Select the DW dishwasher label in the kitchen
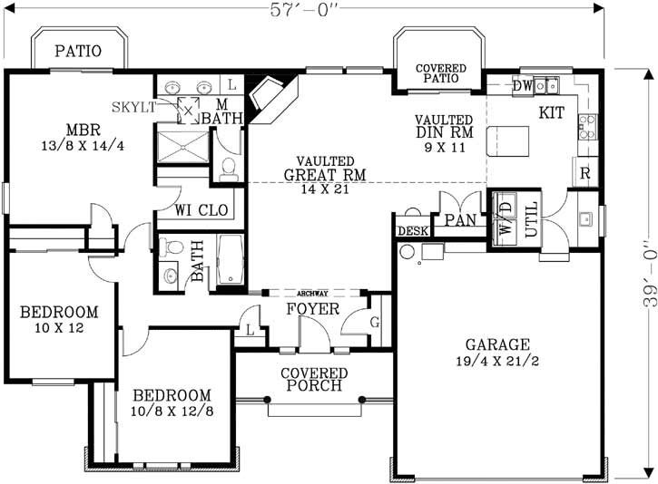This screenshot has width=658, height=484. (x=523, y=86)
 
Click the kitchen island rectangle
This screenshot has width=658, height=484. (x=509, y=143)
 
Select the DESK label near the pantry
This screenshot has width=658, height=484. (x=413, y=231)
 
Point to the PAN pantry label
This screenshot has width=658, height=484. (x=460, y=219)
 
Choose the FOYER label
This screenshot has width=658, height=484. (x=313, y=310)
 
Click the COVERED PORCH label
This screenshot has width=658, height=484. (x=314, y=380)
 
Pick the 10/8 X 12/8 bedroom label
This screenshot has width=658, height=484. (x=172, y=403)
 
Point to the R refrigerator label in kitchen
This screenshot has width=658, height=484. (x=585, y=172)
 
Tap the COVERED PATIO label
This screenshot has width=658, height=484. (x=440, y=73)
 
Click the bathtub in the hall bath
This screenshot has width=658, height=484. (x=230, y=262)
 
